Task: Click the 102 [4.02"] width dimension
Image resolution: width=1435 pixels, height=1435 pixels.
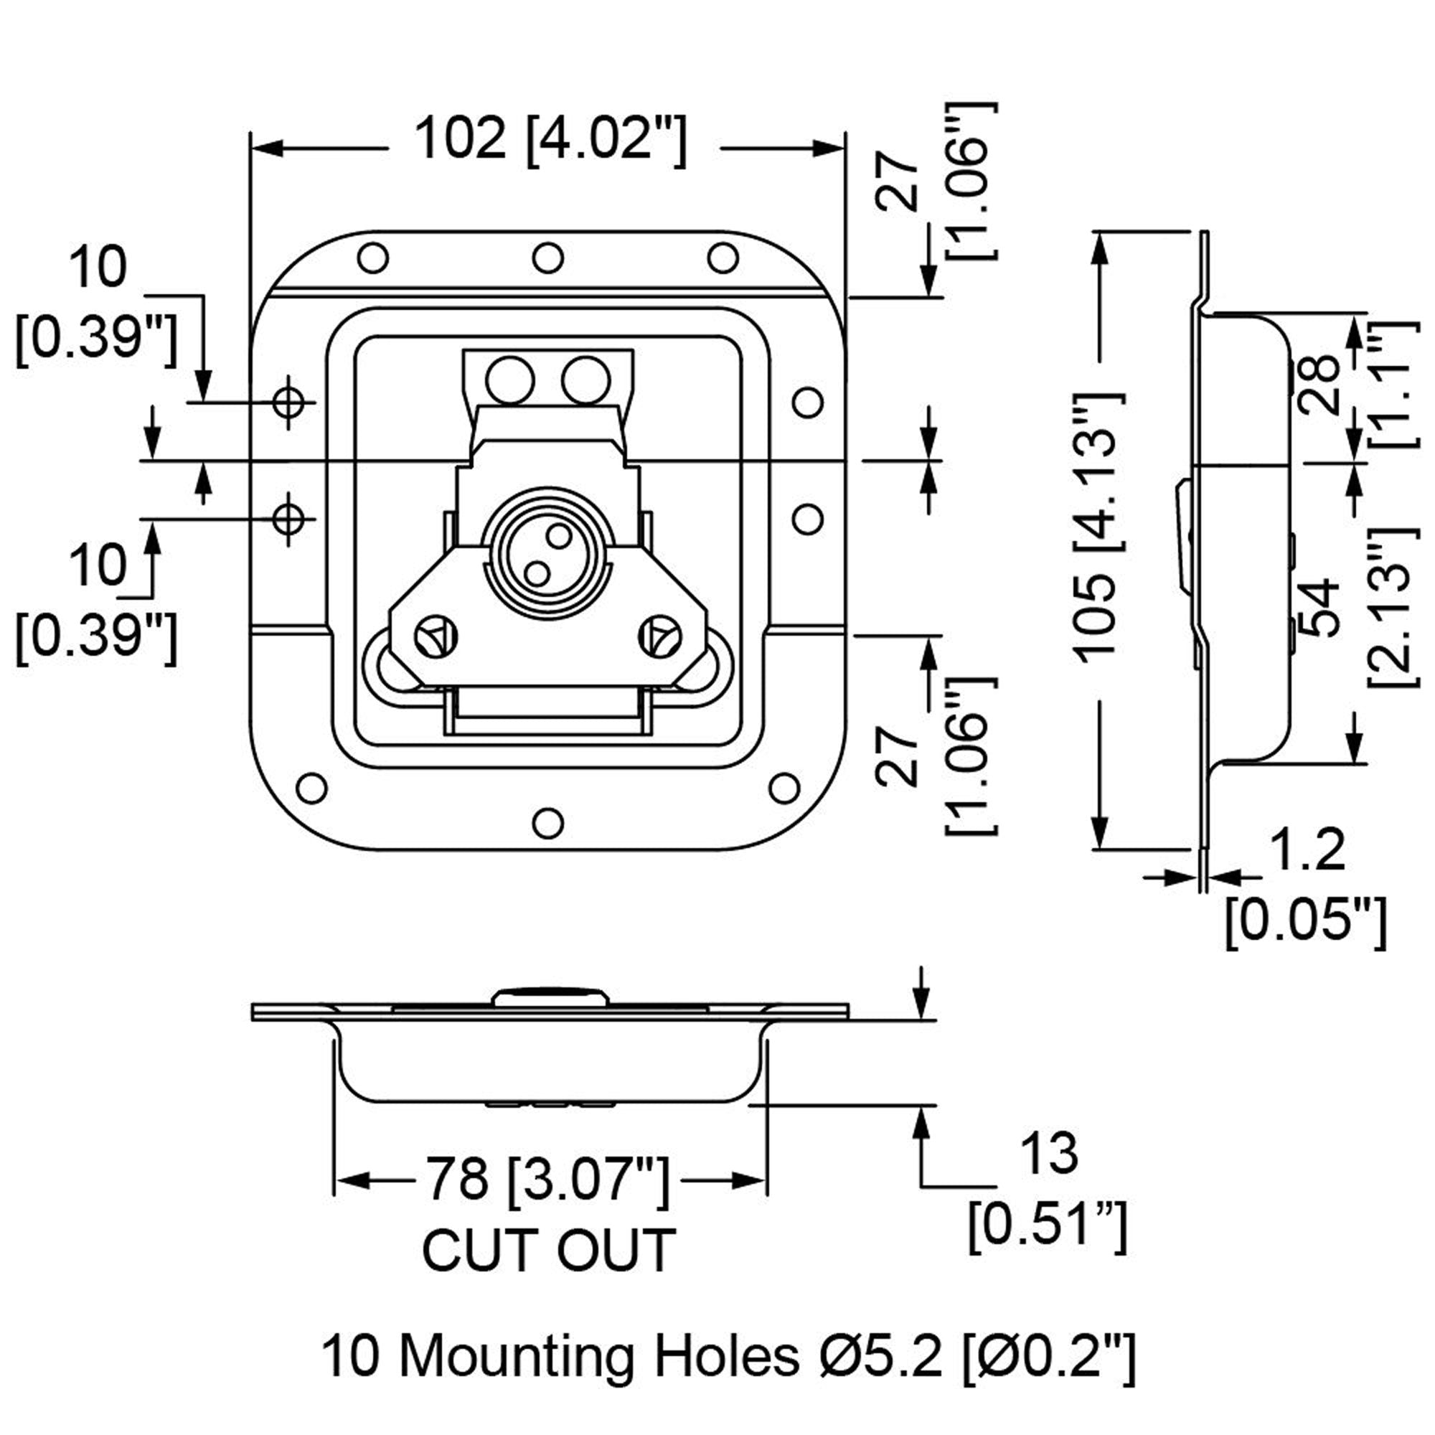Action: [x=550, y=140]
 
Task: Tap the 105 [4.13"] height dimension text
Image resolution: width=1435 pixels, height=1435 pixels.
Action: [x=1098, y=524]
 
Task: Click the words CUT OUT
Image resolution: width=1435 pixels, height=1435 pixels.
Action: [x=549, y=1250]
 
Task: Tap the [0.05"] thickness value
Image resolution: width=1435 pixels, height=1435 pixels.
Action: [x=1305, y=922]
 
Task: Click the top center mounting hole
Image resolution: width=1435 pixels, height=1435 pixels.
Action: [x=547, y=258]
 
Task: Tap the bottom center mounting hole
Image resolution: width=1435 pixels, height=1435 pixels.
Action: [x=548, y=822]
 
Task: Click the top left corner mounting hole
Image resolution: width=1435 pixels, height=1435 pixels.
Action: [x=373, y=258]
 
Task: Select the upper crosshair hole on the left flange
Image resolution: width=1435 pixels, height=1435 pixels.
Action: [x=288, y=402]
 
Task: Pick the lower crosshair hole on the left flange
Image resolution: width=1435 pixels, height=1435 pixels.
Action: [x=288, y=519]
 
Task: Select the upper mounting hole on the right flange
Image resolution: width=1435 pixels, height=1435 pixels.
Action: [x=807, y=403]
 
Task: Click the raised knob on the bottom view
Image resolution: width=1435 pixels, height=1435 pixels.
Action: [x=550, y=997]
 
